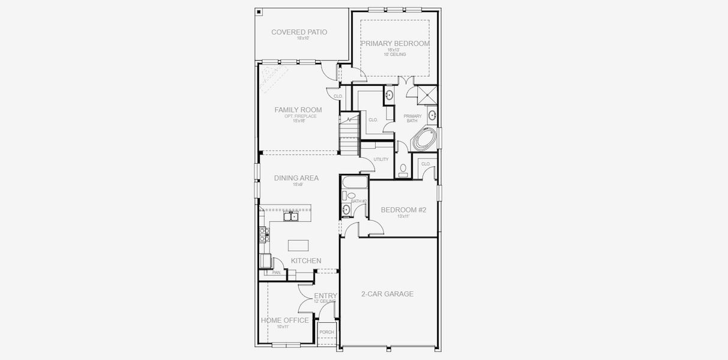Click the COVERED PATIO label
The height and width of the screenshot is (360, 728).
click(299, 32)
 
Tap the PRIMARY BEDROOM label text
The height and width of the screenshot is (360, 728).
click(395, 44)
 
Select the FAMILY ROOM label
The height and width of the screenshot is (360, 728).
click(298, 110)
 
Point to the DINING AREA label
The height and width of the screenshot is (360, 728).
click(296, 178)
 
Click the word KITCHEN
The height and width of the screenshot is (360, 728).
click(306, 261)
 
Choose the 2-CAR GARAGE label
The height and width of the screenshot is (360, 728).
click(387, 294)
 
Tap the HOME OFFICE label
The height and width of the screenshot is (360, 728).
click(284, 320)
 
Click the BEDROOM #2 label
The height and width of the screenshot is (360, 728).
click(403, 210)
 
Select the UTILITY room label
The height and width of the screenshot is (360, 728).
click(381, 160)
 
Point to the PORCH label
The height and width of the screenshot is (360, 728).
click(326, 332)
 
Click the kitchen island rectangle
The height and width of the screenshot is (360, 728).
click(298, 245)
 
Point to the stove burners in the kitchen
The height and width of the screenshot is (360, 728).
click(262, 234)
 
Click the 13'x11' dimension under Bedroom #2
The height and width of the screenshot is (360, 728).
click(403, 217)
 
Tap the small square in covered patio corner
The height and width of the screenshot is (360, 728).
click(259, 11)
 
